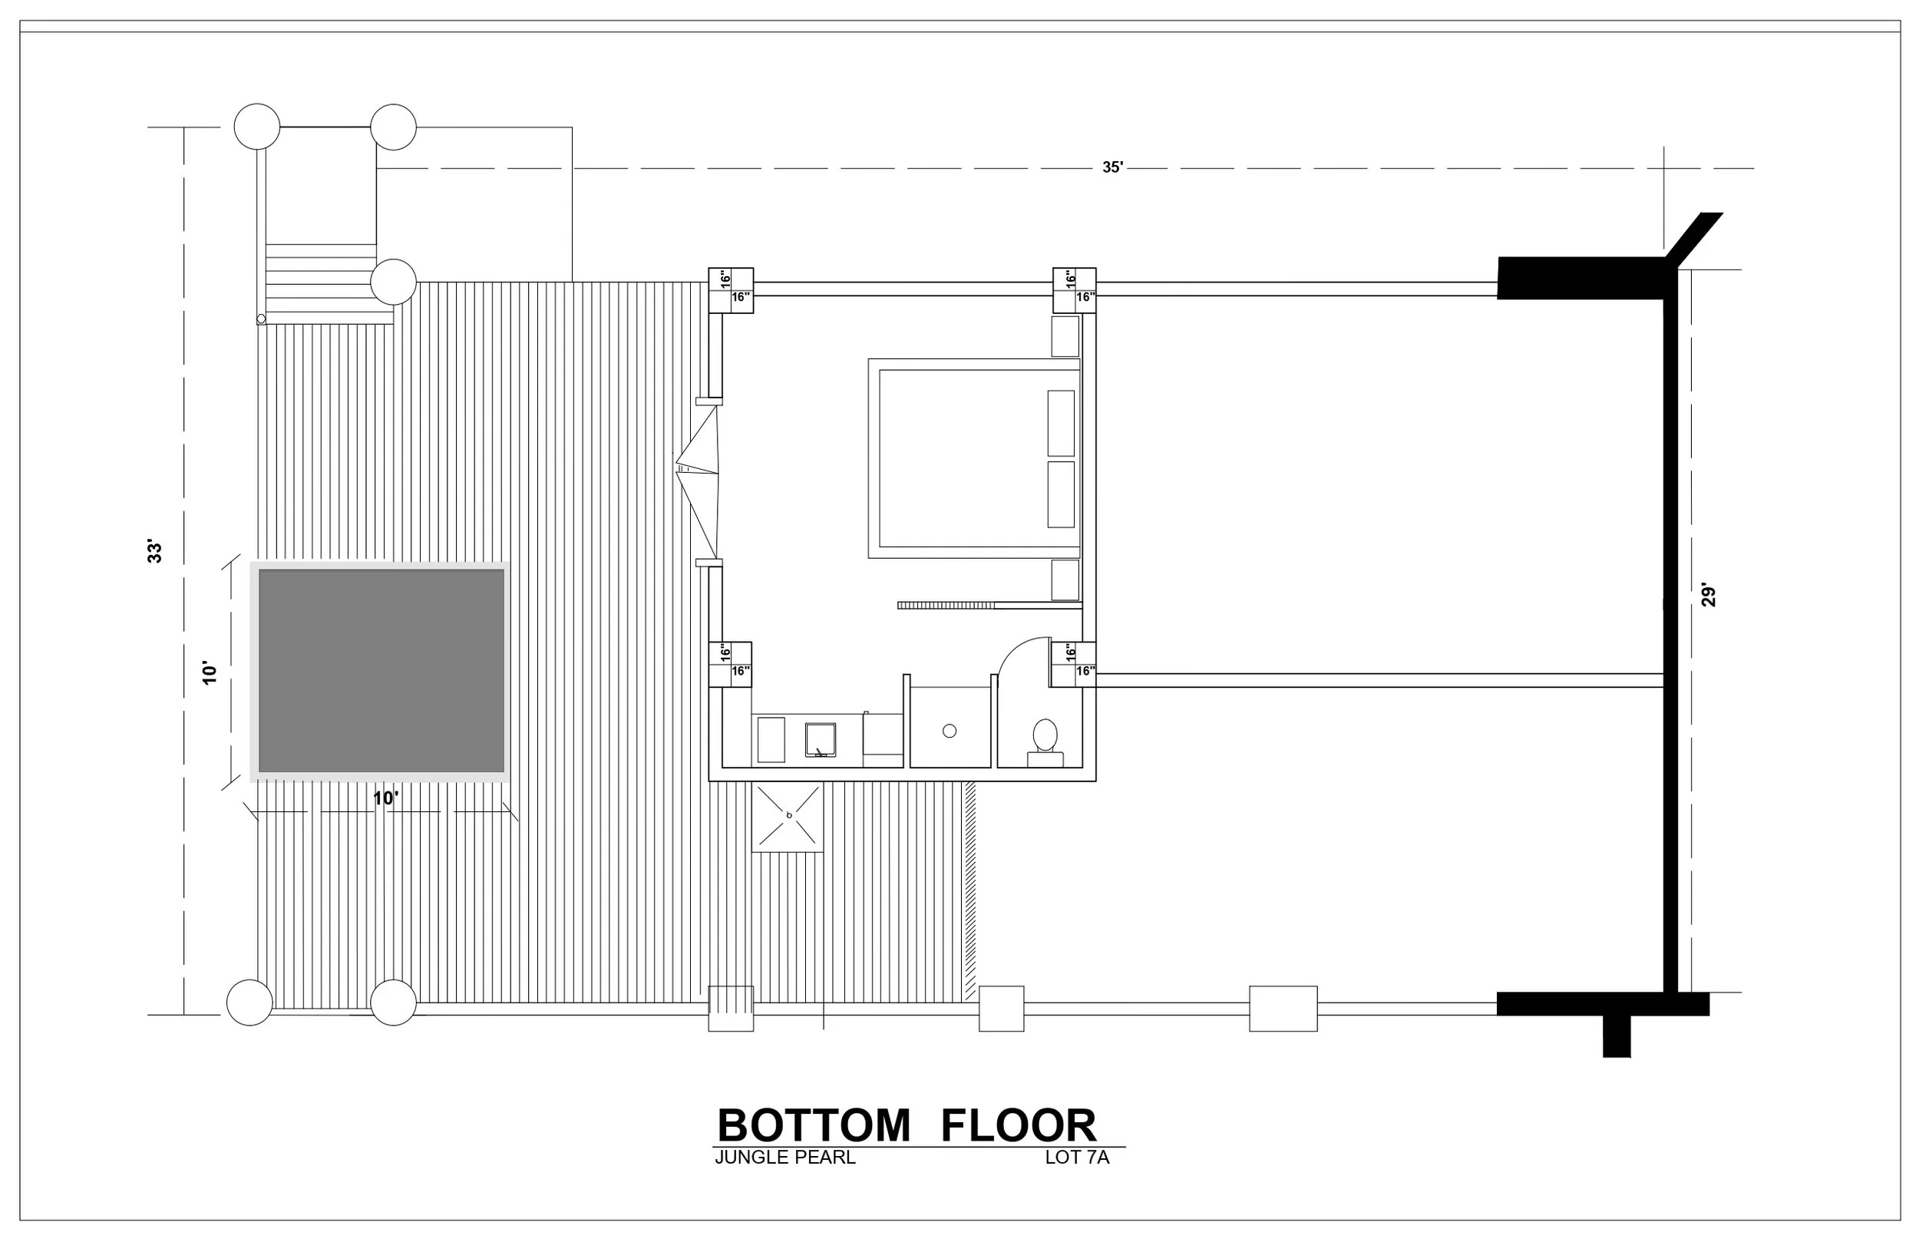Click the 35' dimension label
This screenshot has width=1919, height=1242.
click(x=1113, y=168)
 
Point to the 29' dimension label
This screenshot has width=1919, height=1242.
click(x=1709, y=594)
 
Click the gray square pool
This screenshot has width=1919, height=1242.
click(x=381, y=671)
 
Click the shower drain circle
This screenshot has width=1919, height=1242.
click(x=950, y=731)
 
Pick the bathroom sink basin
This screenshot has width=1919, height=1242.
click(x=821, y=739)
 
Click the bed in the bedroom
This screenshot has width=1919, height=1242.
click(x=974, y=458)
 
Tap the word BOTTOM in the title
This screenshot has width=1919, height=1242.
click(x=814, y=1125)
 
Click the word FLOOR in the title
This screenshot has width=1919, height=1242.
click(x=1019, y=1125)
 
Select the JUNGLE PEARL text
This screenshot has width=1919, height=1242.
click(x=784, y=1158)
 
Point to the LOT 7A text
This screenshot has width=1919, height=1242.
click(x=1077, y=1158)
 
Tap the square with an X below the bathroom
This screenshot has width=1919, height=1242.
click(x=788, y=817)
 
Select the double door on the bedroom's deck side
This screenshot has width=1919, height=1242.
click(x=699, y=481)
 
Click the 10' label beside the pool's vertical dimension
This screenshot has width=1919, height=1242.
click(x=210, y=673)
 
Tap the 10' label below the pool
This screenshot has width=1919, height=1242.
click(x=385, y=798)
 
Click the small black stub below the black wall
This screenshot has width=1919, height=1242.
click(x=1617, y=1036)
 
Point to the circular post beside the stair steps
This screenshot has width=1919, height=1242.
click(x=394, y=282)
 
